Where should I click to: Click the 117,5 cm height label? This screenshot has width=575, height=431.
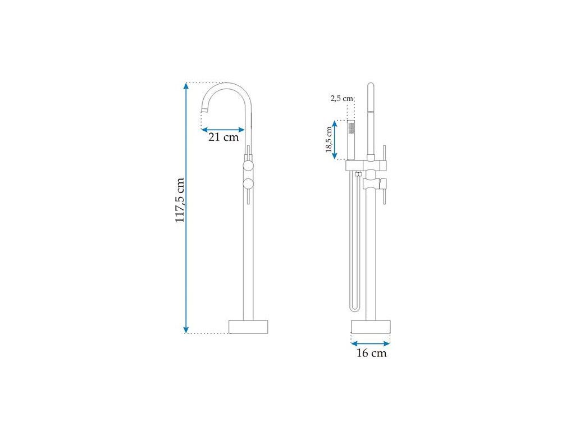click(180, 200)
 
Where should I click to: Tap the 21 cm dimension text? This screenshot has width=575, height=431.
click(223, 137)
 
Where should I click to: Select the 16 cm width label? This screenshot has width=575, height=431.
click(372, 353)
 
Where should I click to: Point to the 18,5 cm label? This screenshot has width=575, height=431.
click(329, 140)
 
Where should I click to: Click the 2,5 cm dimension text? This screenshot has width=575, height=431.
click(342, 98)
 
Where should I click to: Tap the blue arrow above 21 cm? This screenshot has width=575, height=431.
click(223, 130)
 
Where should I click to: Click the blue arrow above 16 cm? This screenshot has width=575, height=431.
click(371, 343)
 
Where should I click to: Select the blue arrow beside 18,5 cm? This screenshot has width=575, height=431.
click(335, 140)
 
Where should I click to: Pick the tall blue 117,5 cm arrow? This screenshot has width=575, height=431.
click(186, 208)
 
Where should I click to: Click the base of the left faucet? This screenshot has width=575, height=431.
click(248, 327)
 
